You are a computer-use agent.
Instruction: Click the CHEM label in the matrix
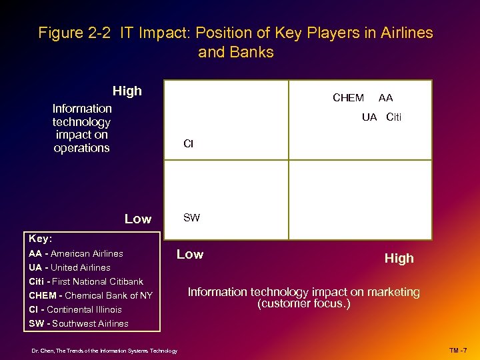[348, 98]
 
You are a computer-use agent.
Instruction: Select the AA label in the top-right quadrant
[385, 98]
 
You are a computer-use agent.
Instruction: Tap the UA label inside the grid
[369, 117]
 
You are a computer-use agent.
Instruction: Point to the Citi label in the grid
[393, 117]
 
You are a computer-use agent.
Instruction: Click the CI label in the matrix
[188, 144]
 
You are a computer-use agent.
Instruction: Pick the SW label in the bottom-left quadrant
[191, 217]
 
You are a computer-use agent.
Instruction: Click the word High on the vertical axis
[127, 91]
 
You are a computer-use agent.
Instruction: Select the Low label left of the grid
[138, 219]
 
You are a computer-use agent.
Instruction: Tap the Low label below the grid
[190, 254]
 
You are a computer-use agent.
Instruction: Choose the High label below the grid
[399, 258]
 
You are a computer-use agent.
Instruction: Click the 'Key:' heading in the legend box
[40, 238]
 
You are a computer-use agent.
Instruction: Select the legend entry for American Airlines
[76, 253]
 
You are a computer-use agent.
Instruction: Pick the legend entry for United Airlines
[69, 267]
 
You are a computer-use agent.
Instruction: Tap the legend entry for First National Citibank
[86, 281]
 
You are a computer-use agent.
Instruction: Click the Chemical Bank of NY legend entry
[91, 295]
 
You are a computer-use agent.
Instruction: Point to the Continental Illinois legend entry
[75, 309]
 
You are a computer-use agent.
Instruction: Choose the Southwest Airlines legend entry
[79, 323]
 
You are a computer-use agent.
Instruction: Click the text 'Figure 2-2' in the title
[75, 33]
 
